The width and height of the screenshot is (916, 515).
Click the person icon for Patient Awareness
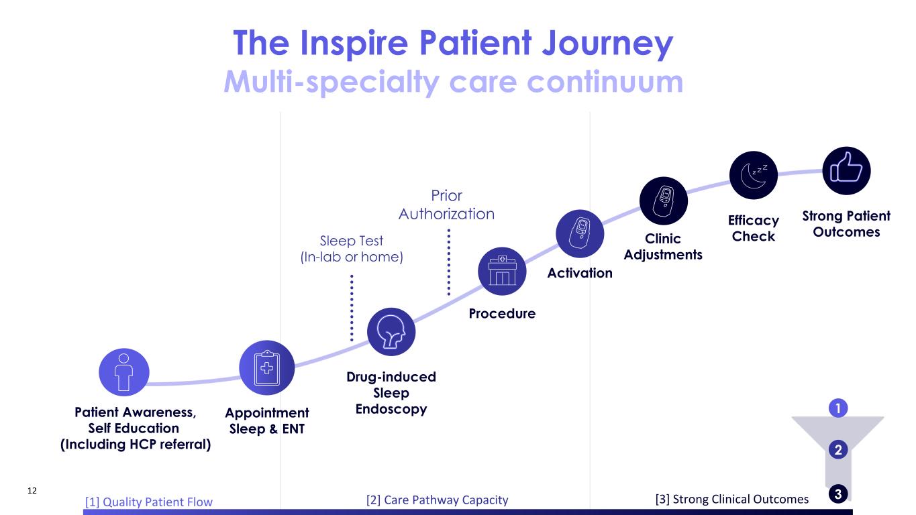coord(123,372)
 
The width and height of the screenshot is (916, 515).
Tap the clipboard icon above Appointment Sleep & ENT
coord(267,367)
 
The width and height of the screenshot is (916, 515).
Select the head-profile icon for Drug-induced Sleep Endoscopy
coord(392,331)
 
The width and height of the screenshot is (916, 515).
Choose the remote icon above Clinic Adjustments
coord(664,200)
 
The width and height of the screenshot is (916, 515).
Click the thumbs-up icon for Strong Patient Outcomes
coord(846,170)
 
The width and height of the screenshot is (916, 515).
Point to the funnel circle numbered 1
coord(837,408)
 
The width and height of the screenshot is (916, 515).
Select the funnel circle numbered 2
coord(837,449)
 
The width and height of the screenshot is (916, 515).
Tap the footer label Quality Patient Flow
coord(148,502)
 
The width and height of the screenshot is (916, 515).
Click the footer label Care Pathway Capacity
coord(437,500)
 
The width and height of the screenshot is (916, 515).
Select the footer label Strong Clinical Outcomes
coord(731,499)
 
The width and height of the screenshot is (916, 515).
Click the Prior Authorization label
coord(446,205)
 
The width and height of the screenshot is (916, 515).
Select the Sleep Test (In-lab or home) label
coord(352,248)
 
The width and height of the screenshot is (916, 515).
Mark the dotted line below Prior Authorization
coord(448,262)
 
